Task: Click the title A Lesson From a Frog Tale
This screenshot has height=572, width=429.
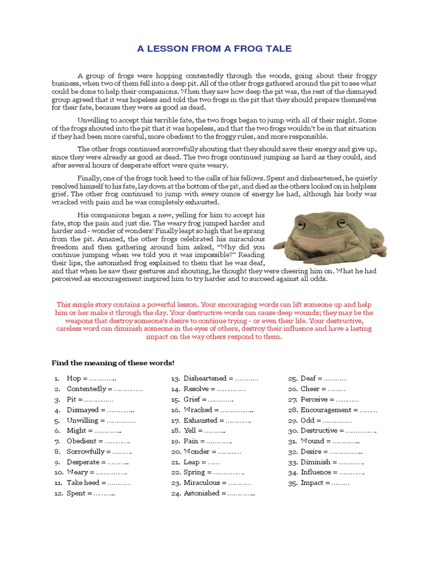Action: point(214,49)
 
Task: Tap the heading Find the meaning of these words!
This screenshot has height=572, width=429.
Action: point(113,363)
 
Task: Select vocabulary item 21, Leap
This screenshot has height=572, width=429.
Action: point(201,462)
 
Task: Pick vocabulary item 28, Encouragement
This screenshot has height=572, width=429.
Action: point(339,409)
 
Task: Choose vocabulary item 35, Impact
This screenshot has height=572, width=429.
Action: point(325,483)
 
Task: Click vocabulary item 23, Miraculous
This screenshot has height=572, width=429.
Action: point(217,483)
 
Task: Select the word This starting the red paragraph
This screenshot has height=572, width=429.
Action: point(64,304)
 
